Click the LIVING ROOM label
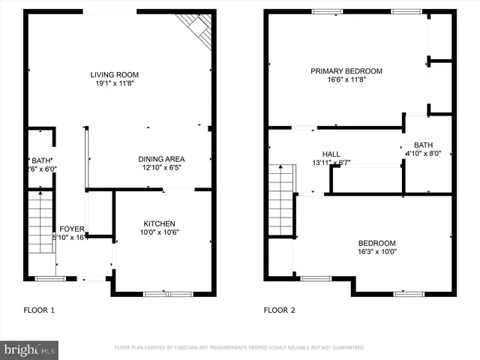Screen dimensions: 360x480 point(115,75)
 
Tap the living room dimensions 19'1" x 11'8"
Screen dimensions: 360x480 point(115,85)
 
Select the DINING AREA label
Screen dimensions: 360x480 point(161,159)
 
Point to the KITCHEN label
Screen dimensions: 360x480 point(160,223)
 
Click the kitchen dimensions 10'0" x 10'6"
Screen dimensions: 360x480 point(160,232)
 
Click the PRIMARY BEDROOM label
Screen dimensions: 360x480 point(346,71)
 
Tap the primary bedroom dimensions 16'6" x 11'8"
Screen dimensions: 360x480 point(346,81)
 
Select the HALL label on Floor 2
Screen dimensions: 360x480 point(331,153)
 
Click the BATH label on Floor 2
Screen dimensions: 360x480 point(423,145)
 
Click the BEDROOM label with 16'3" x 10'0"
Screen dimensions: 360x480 point(376,243)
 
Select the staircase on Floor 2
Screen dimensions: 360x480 point(283,200)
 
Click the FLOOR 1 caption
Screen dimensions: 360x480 point(39,310)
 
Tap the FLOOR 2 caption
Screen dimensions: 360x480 point(279,310)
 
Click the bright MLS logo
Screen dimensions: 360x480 point(30,349)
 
